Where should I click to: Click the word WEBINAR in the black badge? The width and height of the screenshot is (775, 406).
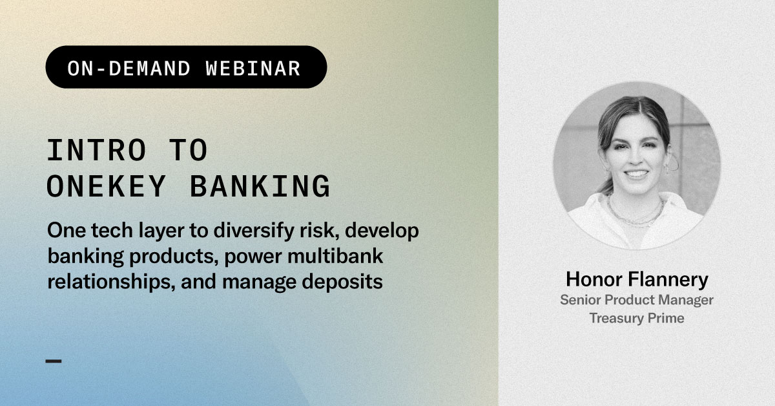coord(253,69)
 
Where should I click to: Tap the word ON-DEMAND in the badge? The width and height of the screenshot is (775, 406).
coord(129,69)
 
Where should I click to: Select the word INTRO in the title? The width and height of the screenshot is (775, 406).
coord(96,150)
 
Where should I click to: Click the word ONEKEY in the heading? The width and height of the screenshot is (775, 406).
coord(106,187)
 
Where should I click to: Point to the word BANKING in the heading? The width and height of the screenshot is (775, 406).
coord(260,187)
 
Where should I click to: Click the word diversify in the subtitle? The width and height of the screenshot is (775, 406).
coord(254,231)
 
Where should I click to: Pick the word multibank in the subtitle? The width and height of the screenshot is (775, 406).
coord(335,257)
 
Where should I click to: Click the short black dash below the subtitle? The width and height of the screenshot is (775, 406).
coord(54,361)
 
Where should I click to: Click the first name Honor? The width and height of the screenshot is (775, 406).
coord(594,279)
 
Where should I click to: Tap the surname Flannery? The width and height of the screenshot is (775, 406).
coord(668,280)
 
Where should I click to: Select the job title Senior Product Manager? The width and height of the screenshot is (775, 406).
coord(637,300)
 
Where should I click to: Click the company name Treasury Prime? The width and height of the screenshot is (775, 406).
coord(637,318)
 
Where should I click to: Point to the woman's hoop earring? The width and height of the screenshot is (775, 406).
coord(673,162)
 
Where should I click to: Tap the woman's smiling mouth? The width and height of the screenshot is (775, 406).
coord(636,173)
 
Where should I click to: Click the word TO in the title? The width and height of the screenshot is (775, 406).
coord(188,150)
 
